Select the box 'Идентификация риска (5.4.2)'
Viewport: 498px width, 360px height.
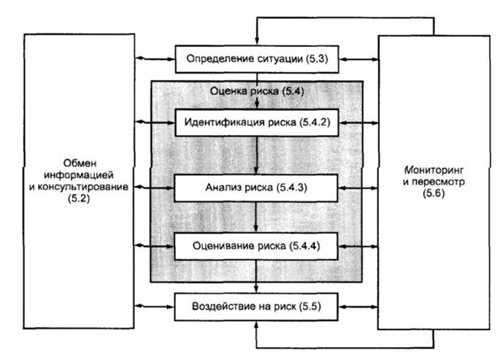tap(256, 123)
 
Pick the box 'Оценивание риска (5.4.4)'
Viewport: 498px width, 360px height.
tap(256, 244)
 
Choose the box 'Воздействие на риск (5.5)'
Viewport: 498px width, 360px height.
tap(256, 308)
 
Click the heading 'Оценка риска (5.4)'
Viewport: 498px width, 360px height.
tap(256, 91)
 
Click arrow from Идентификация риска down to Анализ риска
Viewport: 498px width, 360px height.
tap(256, 155)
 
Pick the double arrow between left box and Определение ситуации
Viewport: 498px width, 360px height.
tap(151, 58)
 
